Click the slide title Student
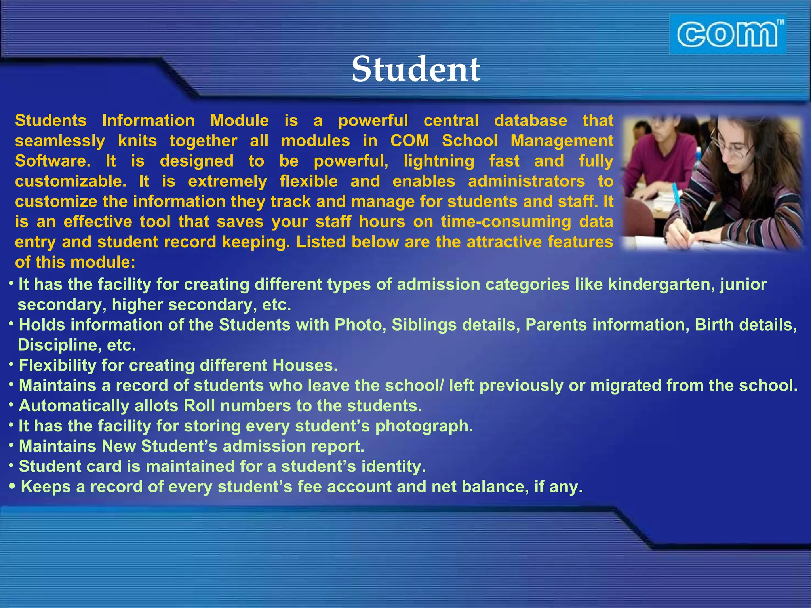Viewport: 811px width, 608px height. (416, 69)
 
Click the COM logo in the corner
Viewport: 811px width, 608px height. (727, 35)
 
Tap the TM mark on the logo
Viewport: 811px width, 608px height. (780, 23)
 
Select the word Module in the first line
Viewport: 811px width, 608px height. (239, 120)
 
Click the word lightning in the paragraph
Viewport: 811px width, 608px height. (439, 161)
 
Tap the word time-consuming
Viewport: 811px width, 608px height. (506, 222)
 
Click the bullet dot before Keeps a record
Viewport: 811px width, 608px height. (12, 486)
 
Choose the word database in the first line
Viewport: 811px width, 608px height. (531, 120)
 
